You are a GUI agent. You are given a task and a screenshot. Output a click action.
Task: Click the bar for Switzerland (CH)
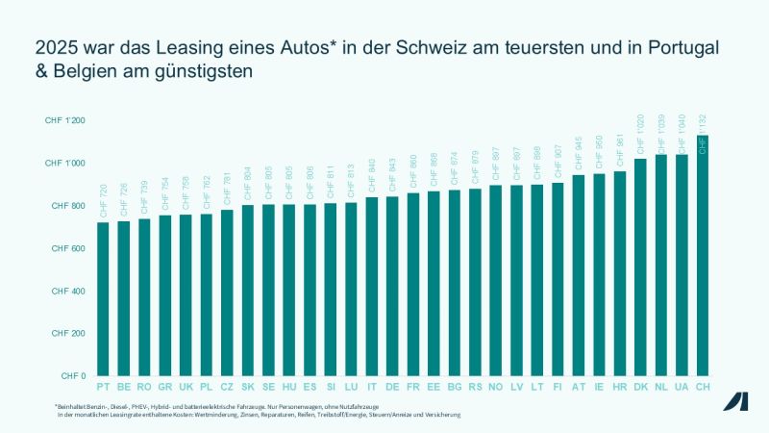(x=703, y=255)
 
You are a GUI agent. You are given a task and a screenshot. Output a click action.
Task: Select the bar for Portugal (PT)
(x=103, y=298)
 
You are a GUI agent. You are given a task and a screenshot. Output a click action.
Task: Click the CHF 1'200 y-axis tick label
(x=65, y=121)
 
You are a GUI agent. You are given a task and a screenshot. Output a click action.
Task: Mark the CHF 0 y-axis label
(x=73, y=376)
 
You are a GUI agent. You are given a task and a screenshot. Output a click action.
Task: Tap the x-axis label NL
(x=661, y=388)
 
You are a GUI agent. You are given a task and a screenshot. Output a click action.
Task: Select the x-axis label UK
(x=186, y=388)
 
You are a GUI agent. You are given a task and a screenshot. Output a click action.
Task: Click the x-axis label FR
(x=413, y=388)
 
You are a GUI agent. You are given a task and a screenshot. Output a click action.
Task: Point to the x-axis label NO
(x=496, y=388)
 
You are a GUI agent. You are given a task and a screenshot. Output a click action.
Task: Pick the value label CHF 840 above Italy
(x=372, y=178)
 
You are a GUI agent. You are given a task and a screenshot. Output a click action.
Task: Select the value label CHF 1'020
(x=640, y=138)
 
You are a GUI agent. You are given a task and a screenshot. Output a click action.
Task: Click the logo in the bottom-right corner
(x=736, y=402)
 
